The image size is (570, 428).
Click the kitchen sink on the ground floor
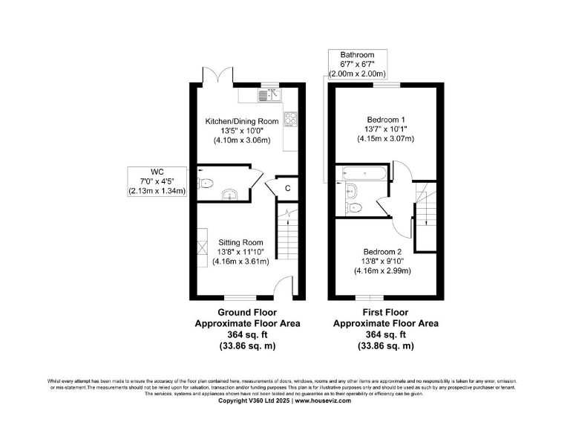pyautogui.click(x=268, y=95)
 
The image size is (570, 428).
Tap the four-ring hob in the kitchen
pyautogui.click(x=290, y=120)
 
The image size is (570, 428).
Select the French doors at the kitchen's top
pyautogui.click(x=216, y=76)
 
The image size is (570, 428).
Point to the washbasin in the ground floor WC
pyautogui.click(x=229, y=194)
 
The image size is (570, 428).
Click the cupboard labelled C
pyautogui.click(x=287, y=189)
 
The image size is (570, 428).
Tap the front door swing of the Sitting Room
pyautogui.click(x=281, y=286)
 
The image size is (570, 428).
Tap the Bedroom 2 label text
pyautogui.click(x=382, y=250)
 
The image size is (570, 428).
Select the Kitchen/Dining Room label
pyautogui.click(x=242, y=120)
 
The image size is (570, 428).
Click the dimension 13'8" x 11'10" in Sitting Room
pyautogui.click(x=240, y=251)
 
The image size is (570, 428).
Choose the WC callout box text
pyautogui.click(x=157, y=181)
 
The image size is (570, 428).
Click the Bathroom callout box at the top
pyautogui.click(x=357, y=65)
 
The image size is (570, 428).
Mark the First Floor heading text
pyautogui.click(x=385, y=312)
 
